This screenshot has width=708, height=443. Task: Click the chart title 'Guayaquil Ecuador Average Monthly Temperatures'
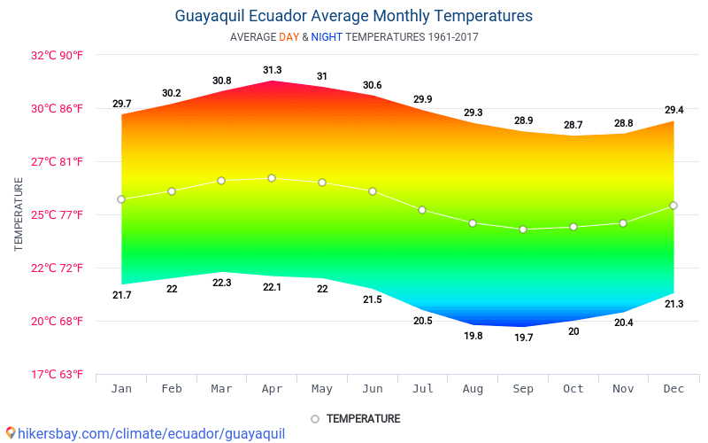354,16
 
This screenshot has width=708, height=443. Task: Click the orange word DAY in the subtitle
289,37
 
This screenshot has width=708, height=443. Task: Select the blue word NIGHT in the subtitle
326,37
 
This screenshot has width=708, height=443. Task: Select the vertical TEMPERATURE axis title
19,214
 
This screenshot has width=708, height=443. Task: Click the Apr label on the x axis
272,389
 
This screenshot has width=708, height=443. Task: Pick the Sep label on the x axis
523,389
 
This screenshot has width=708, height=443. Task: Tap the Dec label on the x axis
673,389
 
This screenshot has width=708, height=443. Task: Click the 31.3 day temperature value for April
272,70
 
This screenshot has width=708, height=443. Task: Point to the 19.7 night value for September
523,338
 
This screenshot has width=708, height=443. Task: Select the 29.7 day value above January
121,104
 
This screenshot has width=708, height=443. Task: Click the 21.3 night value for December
673,304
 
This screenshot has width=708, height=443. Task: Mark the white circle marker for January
121,199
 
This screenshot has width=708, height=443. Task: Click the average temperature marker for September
523,229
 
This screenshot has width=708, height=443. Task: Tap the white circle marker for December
673,206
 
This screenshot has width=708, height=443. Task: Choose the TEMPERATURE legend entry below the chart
355,418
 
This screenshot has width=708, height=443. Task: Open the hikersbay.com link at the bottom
146,433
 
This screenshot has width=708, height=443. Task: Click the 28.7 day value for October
573,125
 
